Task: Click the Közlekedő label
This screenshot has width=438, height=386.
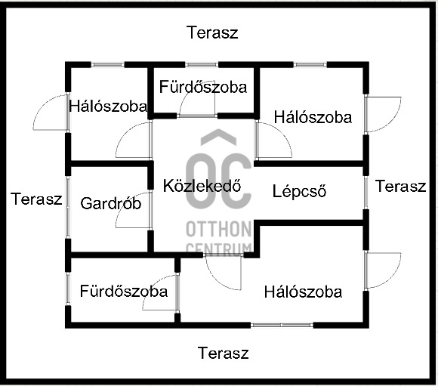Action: (202, 186)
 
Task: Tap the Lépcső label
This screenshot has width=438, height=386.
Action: (299, 192)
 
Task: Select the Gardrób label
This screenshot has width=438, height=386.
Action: (110, 203)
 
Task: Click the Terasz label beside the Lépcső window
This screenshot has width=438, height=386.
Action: (400, 186)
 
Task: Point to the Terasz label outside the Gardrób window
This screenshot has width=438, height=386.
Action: (36, 199)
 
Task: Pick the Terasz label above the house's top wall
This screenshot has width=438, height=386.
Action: (212, 32)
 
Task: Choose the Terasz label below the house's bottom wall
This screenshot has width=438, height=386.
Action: (224, 353)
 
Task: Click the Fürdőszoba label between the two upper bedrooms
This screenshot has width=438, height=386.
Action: (203, 87)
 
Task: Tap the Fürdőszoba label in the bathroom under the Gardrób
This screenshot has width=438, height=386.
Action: (124, 291)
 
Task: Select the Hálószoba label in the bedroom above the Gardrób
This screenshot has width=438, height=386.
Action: (108, 107)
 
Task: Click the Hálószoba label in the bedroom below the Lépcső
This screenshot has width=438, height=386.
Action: (303, 292)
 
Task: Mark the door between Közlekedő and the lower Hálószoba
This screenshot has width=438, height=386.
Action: (224, 272)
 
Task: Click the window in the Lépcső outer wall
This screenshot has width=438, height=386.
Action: (366, 193)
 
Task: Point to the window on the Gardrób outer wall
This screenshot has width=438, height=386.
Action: (68, 207)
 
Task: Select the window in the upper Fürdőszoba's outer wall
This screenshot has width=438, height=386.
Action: (202, 65)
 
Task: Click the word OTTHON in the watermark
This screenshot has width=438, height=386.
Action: (219, 229)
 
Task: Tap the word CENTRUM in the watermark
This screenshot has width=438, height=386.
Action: (219, 249)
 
